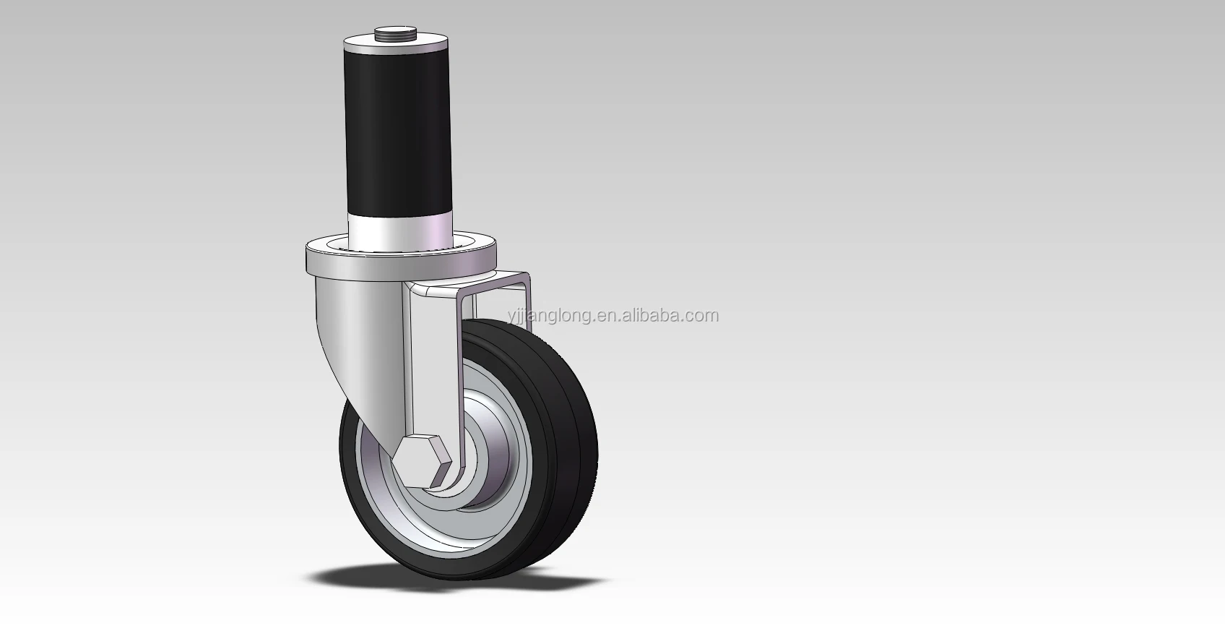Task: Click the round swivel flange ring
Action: (401, 258)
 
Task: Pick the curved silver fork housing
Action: (361, 339)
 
